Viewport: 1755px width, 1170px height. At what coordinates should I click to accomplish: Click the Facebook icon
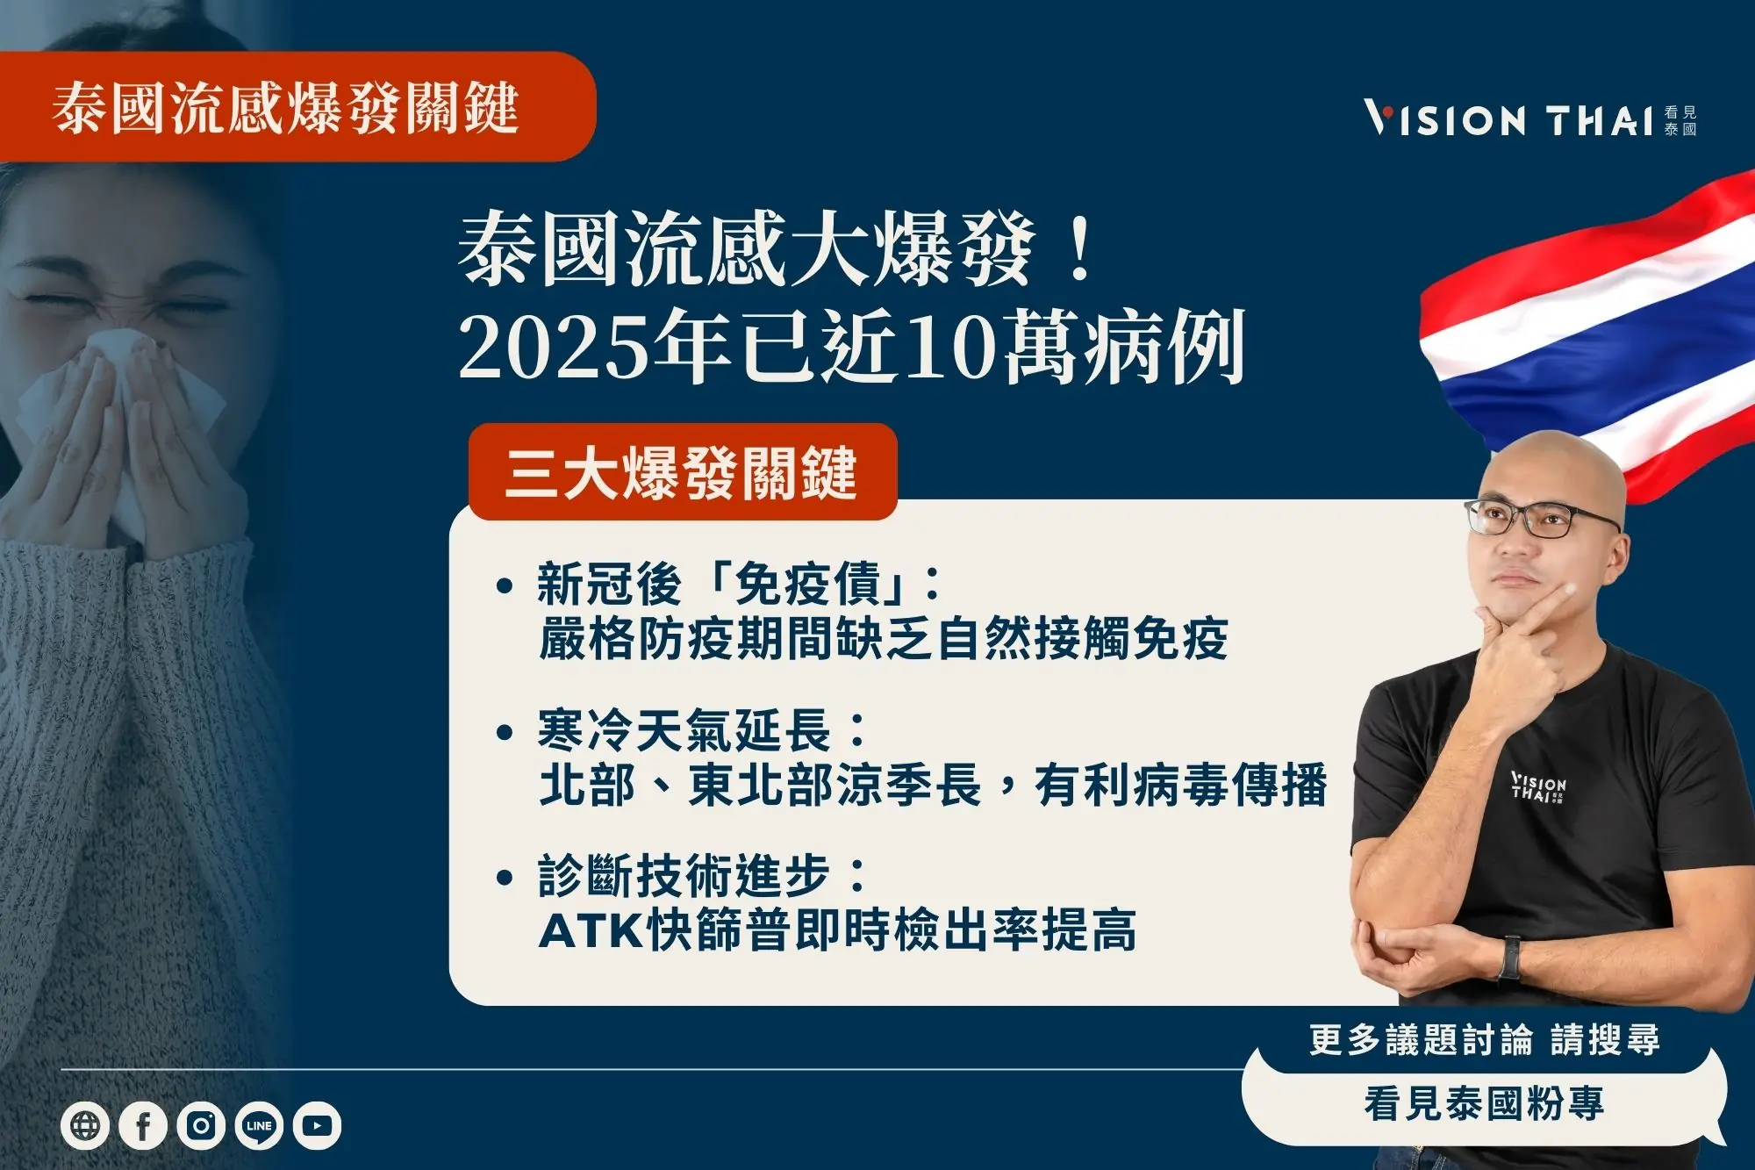(x=143, y=1125)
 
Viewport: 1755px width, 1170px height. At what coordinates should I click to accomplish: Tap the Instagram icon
(x=201, y=1125)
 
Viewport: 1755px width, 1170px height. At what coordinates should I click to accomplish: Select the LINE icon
(x=259, y=1125)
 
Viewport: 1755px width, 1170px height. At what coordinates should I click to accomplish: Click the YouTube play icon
(x=317, y=1125)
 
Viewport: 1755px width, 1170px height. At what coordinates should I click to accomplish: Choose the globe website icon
(x=85, y=1125)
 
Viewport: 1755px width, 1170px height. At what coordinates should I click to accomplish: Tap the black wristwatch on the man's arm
(x=1510, y=958)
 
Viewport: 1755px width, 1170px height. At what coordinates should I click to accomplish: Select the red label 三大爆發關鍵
(x=682, y=472)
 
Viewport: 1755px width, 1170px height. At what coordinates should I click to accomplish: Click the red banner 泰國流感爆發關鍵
(x=286, y=108)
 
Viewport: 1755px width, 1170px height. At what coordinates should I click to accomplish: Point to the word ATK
(x=591, y=930)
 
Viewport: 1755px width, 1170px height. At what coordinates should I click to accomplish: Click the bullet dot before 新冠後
(x=504, y=585)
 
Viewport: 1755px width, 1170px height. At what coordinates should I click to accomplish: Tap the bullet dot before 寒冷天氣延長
(x=504, y=732)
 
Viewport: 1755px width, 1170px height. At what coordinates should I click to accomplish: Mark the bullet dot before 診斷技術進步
(x=504, y=877)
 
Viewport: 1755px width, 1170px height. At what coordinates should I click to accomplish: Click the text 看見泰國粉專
(x=1484, y=1103)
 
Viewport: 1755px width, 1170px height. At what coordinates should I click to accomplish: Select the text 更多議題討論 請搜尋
(x=1484, y=1040)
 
